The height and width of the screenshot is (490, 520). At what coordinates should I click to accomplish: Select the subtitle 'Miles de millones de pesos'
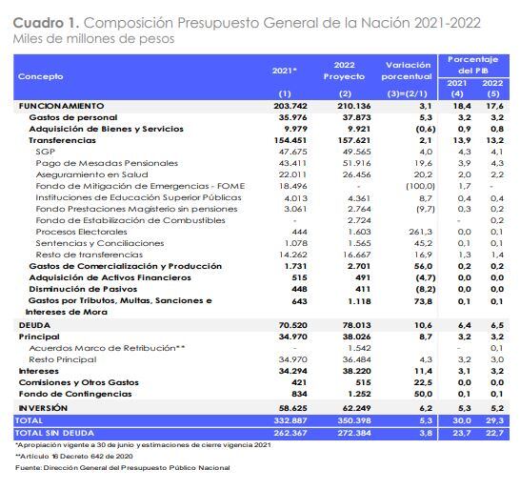pyautogui.click(x=82, y=38)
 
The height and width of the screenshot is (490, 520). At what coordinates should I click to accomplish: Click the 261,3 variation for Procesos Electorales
pyautogui.click(x=420, y=231)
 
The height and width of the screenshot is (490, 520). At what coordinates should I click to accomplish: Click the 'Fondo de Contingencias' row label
pyautogui.click(x=68, y=394)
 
